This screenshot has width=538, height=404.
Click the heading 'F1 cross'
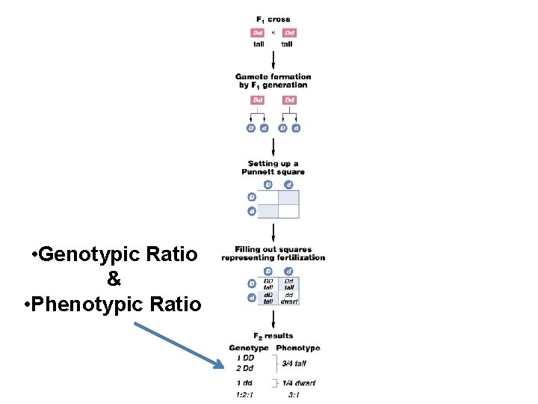coord(273,19)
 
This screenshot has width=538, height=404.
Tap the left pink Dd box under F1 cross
coord(257,32)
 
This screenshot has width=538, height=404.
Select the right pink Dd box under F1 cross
coord(289,32)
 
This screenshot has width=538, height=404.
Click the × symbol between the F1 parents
coord(273,32)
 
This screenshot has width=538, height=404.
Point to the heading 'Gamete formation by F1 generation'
coord(273,81)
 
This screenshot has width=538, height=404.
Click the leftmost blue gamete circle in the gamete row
coord(250,128)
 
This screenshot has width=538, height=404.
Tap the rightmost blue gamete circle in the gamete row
coord(297,128)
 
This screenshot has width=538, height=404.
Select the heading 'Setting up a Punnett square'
coord(273,168)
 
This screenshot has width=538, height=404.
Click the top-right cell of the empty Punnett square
coord(288,198)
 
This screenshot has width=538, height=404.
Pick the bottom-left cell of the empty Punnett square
coord(268,211)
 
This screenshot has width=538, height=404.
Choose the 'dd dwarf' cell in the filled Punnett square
coord(289,298)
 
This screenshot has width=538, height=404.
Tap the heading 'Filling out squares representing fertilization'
coord(273,254)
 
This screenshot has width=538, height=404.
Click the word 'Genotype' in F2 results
coord(249,348)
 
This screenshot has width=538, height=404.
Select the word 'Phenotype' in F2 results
coord(297,348)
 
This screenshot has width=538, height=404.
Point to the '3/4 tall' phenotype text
coord(294,364)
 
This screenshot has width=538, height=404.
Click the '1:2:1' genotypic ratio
coord(244,394)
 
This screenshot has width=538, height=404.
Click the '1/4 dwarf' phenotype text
coord(298,383)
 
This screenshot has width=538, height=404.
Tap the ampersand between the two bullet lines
coord(114,280)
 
